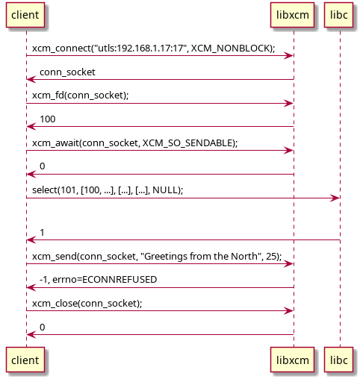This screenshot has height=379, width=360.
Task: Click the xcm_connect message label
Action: click(153, 48)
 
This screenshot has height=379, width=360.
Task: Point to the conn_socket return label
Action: click(67, 72)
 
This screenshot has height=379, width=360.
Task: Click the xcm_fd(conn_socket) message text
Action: click(81, 95)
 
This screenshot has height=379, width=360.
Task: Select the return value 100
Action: click(48, 119)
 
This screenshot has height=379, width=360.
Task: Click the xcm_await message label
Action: click(134, 142)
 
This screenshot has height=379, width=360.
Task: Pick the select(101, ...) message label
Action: click(108, 190)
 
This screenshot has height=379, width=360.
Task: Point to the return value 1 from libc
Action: click(43, 233)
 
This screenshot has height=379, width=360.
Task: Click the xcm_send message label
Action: click(157, 256)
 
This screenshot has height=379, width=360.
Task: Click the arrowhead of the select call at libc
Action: click(336, 198)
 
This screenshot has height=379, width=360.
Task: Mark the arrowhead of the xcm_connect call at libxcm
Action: click(289, 55)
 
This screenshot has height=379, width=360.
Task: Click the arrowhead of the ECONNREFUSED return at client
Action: click(30, 287)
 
